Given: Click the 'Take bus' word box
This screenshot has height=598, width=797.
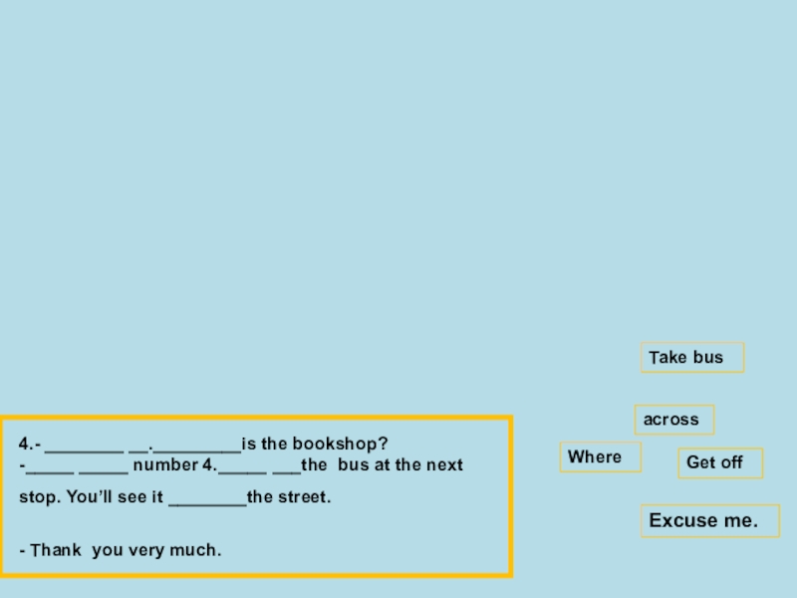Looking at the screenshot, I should (x=691, y=358).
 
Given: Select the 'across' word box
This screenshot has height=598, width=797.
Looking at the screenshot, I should (x=673, y=420).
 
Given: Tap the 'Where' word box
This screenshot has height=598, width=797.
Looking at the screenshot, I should (x=600, y=457).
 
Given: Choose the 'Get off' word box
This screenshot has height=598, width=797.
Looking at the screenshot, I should (x=719, y=462).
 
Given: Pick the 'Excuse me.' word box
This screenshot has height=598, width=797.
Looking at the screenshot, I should (x=708, y=520).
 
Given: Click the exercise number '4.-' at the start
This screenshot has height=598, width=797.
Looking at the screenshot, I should (x=30, y=444).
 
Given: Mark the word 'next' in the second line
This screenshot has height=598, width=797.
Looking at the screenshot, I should (x=445, y=465).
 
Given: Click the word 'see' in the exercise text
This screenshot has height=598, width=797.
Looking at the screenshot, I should (x=134, y=496).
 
